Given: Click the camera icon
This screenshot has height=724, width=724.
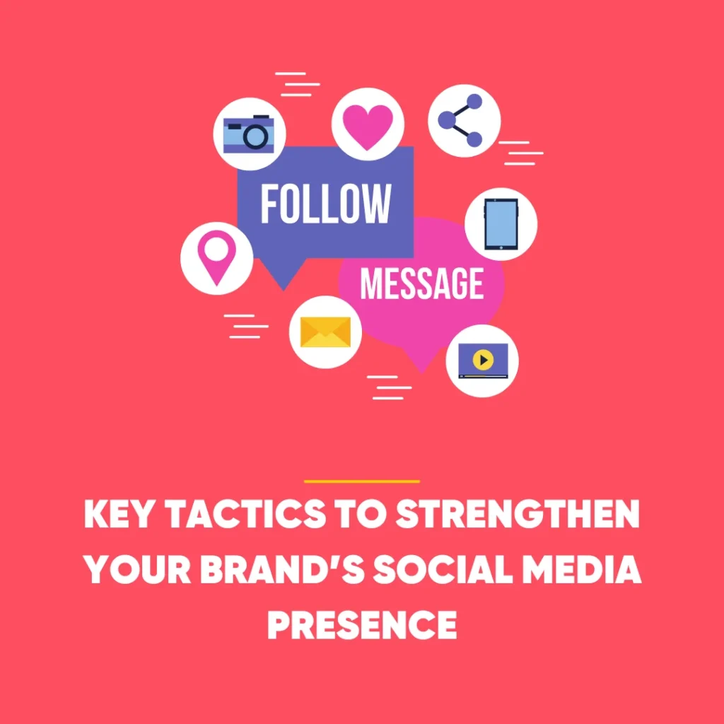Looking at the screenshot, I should click(249, 134).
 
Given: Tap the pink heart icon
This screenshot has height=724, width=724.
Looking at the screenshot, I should click(368, 124).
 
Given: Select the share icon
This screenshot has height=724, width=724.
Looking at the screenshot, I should click(465, 120).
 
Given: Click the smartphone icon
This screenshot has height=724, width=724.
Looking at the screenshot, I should click(501, 224).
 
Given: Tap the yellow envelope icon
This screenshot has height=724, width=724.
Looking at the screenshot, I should click(325, 332).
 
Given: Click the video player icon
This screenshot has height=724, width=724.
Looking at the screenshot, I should click(483, 361).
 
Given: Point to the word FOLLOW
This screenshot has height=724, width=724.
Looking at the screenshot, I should click(325, 204).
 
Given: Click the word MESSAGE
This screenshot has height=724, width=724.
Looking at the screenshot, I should click(422, 284).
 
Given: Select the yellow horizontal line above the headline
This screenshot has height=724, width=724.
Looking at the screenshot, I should click(362, 481).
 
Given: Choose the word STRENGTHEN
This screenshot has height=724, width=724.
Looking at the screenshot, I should click(517, 518).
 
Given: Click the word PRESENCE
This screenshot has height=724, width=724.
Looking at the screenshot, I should click(362, 623).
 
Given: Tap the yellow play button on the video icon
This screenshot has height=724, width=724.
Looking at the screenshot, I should click(483, 359).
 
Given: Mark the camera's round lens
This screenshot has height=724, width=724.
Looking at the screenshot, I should click(255, 136).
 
